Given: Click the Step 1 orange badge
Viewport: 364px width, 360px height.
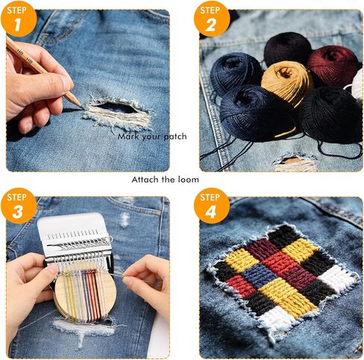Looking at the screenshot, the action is click(x=19, y=19).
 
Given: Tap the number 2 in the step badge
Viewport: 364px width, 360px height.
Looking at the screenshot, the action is click(x=210, y=25).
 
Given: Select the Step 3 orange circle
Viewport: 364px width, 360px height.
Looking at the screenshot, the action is click(x=19, y=206).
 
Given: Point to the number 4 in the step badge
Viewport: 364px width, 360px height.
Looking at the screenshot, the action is click(x=211, y=212).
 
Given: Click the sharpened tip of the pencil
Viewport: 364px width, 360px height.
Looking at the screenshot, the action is click(x=81, y=107).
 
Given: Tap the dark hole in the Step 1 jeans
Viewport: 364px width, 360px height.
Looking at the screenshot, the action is click(x=116, y=107).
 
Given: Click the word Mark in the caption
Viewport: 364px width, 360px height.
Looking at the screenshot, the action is click(x=128, y=136).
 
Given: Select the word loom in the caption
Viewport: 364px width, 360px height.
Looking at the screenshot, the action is click(x=188, y=180).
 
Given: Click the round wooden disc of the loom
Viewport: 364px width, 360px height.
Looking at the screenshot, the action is click(x=84, y=293).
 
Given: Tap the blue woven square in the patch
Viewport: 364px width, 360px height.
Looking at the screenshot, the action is click(x=259, y=274).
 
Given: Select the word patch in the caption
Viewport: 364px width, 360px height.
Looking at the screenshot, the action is click(x=175, y=136).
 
